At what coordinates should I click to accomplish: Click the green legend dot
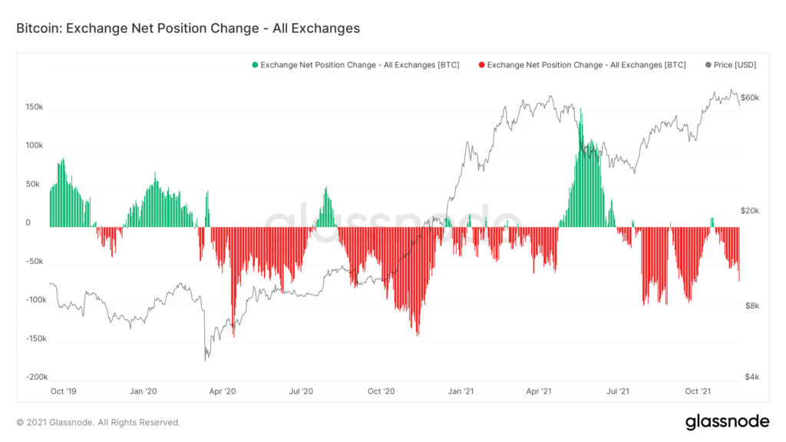255,65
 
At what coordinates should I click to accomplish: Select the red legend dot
481,65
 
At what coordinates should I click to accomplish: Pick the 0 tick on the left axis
28,223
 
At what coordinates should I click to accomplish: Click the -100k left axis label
35,300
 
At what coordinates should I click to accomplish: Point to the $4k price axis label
748,377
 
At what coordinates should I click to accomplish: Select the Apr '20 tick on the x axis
222,391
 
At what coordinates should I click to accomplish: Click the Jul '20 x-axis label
301,391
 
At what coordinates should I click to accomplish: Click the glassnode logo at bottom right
726,421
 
